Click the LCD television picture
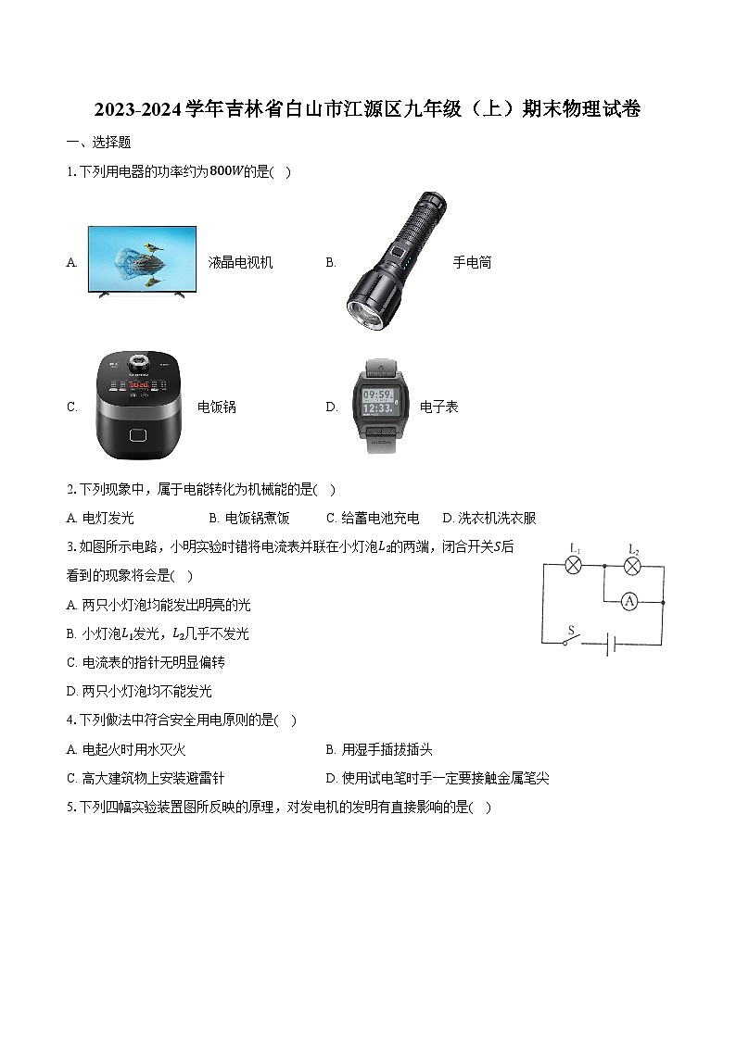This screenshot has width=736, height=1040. pos(142,261)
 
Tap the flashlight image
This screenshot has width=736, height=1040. pos(396,260)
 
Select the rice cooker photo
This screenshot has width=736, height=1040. pos(138,406)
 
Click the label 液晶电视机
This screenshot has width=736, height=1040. pos(240,263)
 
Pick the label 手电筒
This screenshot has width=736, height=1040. pos(472,263)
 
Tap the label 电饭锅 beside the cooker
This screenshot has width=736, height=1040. pos(216,407)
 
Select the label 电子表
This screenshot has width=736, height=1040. pos(438,407)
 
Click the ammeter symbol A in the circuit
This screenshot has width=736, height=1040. pos(629,602)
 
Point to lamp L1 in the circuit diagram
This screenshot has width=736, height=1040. pos(574,566)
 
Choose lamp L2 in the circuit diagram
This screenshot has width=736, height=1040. pos(633,566)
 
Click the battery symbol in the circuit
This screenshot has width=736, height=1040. pos(612,644)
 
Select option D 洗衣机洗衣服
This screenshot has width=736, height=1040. pos(489,518)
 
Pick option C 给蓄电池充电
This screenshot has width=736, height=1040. pos(373,518)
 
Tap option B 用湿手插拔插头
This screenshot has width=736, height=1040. pos(379,749)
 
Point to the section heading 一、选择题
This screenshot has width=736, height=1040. pos(98,142)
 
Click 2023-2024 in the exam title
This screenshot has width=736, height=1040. pos(138,108)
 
